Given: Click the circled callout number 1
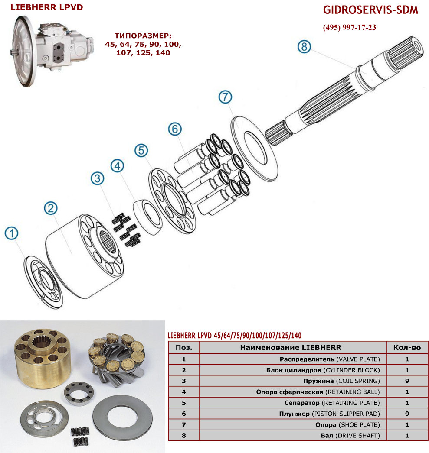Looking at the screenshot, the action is [12, 233].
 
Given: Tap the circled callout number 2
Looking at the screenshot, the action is [51, 208].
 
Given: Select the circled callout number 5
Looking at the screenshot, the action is [141, 150].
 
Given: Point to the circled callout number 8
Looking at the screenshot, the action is [305, 46].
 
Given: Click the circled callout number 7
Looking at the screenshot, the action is [225, 97].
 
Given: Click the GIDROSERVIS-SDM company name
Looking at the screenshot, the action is [370, 10].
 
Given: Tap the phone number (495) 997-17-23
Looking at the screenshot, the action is [350, 27].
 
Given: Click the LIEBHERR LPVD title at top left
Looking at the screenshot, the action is [46, 7].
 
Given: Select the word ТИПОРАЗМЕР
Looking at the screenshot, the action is [143, 36].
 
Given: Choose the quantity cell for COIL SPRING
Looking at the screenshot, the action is [407, 381].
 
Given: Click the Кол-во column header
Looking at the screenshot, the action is [407, 347].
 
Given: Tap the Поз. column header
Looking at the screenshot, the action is [184, 347].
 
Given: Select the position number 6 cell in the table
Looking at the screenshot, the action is [184, 414].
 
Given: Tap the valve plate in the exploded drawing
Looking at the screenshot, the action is [43, 282].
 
